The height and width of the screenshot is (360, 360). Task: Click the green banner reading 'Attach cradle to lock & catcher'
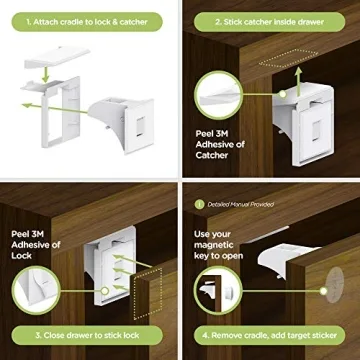tap(89, 18)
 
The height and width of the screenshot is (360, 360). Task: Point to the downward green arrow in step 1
tap(48, 76)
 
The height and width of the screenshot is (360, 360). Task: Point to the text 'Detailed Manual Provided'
tap(240, 204)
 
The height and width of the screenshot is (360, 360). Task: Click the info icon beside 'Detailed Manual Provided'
tap(200, 204)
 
